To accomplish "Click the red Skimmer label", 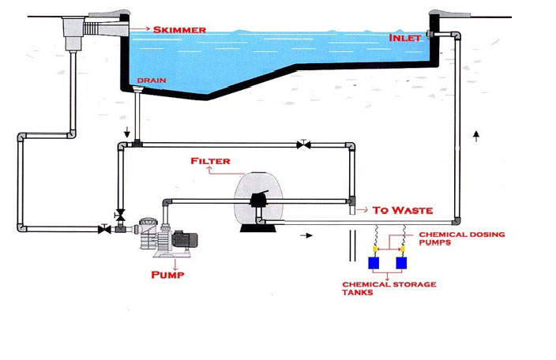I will coord(179,30).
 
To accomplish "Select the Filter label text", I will coord(211,161).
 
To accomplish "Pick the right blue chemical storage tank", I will coord(402,262).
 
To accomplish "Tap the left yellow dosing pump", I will coord(376,247).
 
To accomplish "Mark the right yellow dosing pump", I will coord(402,247).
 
